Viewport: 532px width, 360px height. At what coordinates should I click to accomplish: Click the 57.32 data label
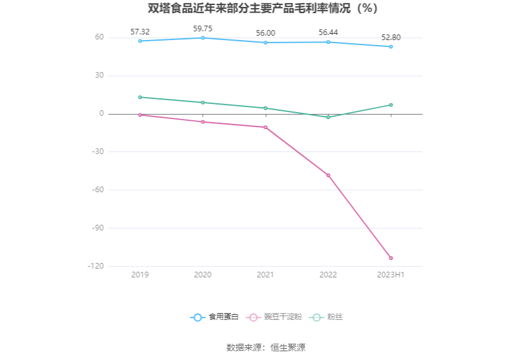click(140, 31)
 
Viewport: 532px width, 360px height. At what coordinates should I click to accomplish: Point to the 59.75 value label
click(203, 28)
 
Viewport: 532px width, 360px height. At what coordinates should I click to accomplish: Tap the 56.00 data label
click(265, 33)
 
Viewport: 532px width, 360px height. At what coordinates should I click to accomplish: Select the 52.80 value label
click(391, 37)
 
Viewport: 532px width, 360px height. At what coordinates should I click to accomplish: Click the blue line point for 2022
click(328, 42)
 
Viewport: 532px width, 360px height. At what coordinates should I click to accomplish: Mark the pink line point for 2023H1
click(391, 258)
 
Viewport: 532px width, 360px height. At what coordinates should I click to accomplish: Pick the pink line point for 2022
click(328, 175)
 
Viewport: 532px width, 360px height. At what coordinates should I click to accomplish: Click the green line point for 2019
click(140, 97)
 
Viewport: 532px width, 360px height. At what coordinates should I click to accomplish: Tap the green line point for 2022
click(328, 117)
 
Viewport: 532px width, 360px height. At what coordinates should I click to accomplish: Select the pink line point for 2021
click(265, 127)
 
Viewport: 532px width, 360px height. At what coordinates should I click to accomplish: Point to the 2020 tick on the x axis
click(203, 275)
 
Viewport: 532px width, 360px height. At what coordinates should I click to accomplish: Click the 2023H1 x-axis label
click(391, 275)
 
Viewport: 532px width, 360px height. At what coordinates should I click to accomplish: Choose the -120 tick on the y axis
click(95, 266)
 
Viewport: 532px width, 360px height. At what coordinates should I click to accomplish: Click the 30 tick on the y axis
click(99, 76)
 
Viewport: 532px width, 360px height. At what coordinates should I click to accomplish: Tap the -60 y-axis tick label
click(97, 190)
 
